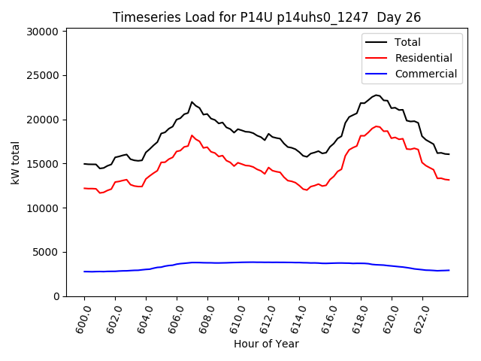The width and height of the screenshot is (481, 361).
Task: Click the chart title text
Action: point(267,17)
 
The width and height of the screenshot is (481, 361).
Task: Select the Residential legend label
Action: point(424,58)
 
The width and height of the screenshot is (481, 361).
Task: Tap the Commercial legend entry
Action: point(426,74)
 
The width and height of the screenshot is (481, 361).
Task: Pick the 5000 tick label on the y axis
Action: point(47,252)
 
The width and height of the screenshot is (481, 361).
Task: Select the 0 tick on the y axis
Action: point(56,296)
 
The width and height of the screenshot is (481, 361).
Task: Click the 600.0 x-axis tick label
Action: point(83,317)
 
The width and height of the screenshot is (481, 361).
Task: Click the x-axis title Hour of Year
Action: point(267,344)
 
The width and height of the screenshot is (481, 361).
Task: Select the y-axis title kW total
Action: point(15,163)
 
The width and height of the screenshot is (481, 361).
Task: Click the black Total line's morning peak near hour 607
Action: point(192,102)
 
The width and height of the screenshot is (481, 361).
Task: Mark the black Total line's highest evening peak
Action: point(377,96)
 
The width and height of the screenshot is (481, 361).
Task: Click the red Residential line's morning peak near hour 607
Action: point(192,135)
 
